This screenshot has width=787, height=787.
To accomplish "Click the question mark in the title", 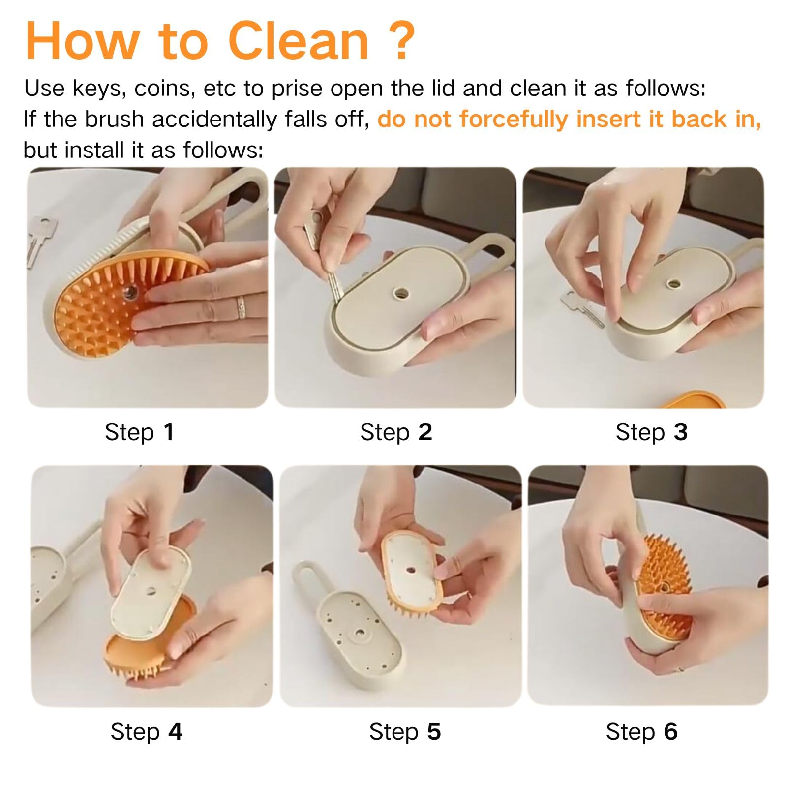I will coord(397,40).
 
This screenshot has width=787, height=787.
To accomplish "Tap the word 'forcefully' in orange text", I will coord(514,120).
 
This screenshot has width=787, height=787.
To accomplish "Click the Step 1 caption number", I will coord(169,432).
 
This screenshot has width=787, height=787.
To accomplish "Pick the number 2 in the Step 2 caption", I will coord(425,432).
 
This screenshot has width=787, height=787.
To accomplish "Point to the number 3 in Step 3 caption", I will coord(681,432).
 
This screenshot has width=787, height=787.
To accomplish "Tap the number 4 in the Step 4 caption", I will coord(175,731).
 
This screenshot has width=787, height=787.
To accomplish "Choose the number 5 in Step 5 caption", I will coord(434,731).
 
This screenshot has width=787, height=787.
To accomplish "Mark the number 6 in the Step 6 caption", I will coord(671,731).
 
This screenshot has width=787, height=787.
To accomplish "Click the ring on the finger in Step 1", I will coord(242,308).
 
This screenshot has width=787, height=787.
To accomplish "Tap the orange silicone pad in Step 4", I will coord(148,644).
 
